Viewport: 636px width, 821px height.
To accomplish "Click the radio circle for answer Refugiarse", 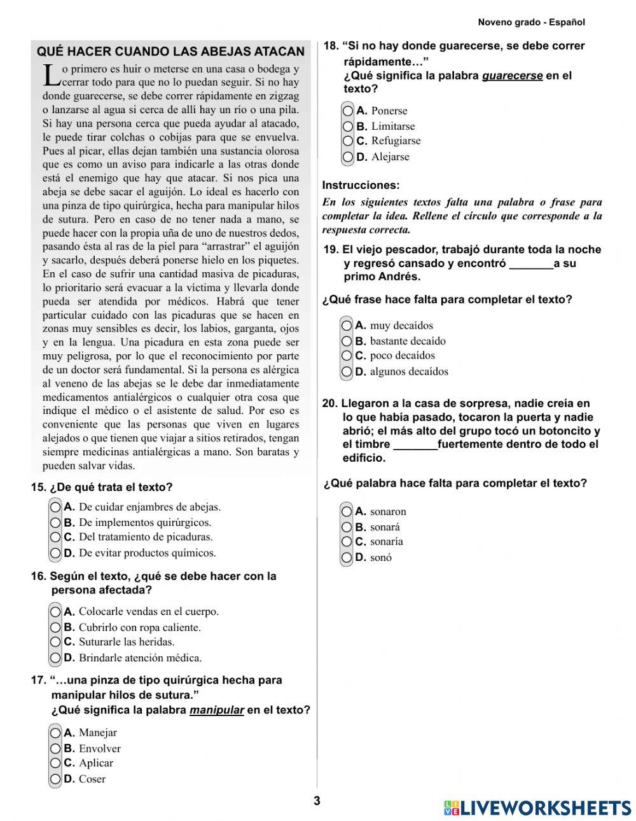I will pos(348,141).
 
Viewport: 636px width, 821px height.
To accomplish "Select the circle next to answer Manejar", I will pos(56,733).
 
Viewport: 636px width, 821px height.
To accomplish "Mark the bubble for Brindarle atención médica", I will pos(56,658).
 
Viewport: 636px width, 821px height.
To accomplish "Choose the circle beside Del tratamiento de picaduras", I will pos(56,537).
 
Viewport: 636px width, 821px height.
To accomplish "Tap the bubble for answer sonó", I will pos(347,558).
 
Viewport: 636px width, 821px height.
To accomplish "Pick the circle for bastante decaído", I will pos(347,341).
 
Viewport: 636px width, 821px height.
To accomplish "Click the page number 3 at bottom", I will pos(317,801).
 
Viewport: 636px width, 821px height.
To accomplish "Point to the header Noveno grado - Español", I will pos(531,22).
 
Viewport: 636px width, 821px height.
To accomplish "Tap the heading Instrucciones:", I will pos(361,186).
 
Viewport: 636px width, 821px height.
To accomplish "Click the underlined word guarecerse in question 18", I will pos(512,76).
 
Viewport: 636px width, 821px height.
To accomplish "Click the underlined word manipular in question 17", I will pos(216,710).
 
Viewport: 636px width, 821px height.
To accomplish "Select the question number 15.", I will pos(38,488).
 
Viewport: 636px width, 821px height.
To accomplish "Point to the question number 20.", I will pos(329,403).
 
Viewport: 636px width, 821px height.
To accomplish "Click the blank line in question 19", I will pos(531,264).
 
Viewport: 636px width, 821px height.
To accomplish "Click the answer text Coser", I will pos(92,779).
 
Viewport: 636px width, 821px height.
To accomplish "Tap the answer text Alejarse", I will pos(390,157).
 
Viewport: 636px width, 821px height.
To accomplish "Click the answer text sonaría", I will pos(386,542).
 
